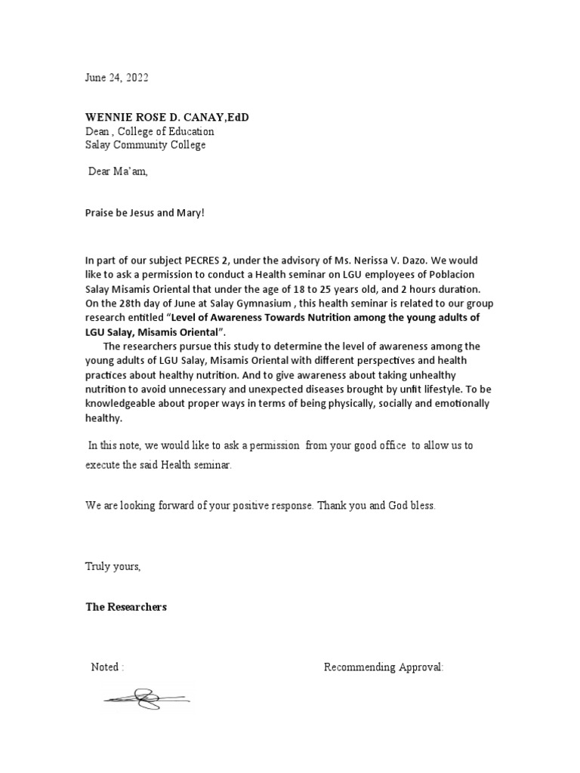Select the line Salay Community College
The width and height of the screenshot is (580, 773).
pos(145,145)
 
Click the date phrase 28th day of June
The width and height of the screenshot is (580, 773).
pos(144,303)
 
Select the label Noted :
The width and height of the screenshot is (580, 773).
pos(107,667)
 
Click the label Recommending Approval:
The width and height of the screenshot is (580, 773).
pos(384,667)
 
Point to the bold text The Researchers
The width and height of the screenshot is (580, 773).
pos(126,607)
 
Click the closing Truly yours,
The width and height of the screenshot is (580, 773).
pos(113,566)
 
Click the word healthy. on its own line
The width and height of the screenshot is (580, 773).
pos(103,417)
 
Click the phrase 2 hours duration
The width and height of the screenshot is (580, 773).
pos(438,289)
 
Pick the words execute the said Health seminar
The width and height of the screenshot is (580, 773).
pos(159,465)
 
